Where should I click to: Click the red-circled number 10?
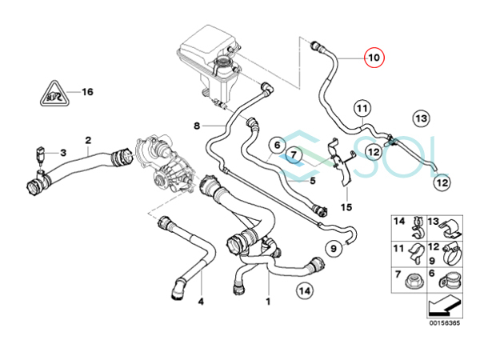374,59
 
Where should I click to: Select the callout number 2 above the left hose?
87,139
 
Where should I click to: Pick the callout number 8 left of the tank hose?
195,126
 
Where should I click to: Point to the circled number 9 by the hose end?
333,248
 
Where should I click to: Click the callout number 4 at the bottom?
201,302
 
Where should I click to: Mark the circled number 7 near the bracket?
294,154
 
